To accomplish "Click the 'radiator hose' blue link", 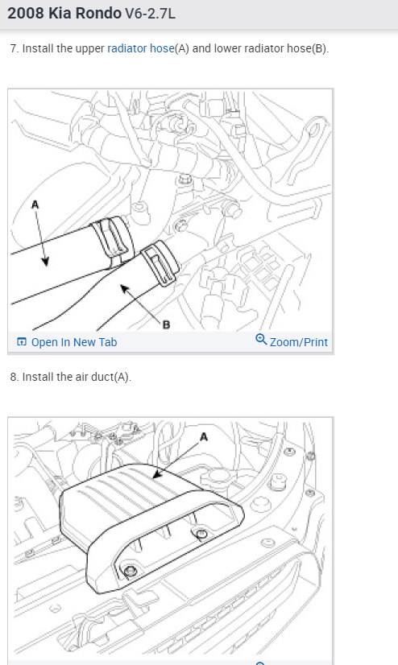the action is pos(140,49).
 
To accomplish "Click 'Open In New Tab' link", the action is pos(74,342).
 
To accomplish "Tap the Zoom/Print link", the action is pos(299,342).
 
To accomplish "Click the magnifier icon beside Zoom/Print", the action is pos(261,339).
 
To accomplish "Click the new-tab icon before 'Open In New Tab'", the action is pos(21,342).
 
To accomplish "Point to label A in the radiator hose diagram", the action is pos(35,204).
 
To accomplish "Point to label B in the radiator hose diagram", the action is pos(166,325).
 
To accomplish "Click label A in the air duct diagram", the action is pos(204,437).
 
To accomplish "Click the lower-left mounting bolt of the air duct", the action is pos(131,571).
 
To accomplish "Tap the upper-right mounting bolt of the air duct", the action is pos(202,534).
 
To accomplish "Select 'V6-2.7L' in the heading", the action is pos(150,14).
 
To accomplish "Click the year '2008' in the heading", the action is pos(26,13).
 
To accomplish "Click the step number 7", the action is pos(15,49).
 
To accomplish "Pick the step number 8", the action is pos(15,377).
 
